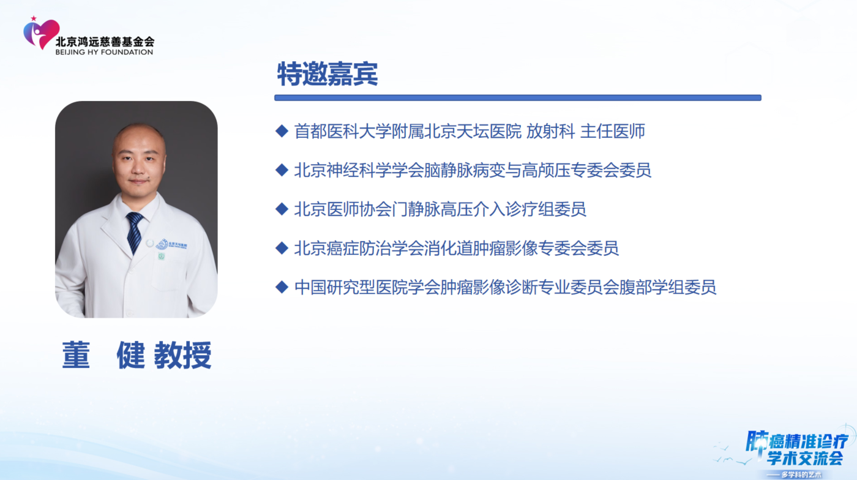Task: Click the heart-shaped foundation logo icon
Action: [42, 34]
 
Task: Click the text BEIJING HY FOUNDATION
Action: [104, 52]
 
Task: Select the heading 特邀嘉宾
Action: [327, 74]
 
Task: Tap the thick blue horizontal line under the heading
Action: [518, 97]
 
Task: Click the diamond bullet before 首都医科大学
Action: [282, 131]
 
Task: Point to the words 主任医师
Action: [613, 131]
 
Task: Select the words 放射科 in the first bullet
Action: [550, 131]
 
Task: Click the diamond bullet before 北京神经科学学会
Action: [282, 170]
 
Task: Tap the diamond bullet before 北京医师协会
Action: [282, 209]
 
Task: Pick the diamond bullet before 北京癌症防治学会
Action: [282, 248]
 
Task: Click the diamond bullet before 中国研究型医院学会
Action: [282, 287]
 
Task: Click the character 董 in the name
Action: [76, 355]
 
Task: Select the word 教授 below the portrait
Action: [182, 355]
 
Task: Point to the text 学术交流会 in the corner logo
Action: [805, 458]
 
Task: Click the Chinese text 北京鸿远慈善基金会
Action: [105, 42]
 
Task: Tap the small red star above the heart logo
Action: [34, 18]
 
